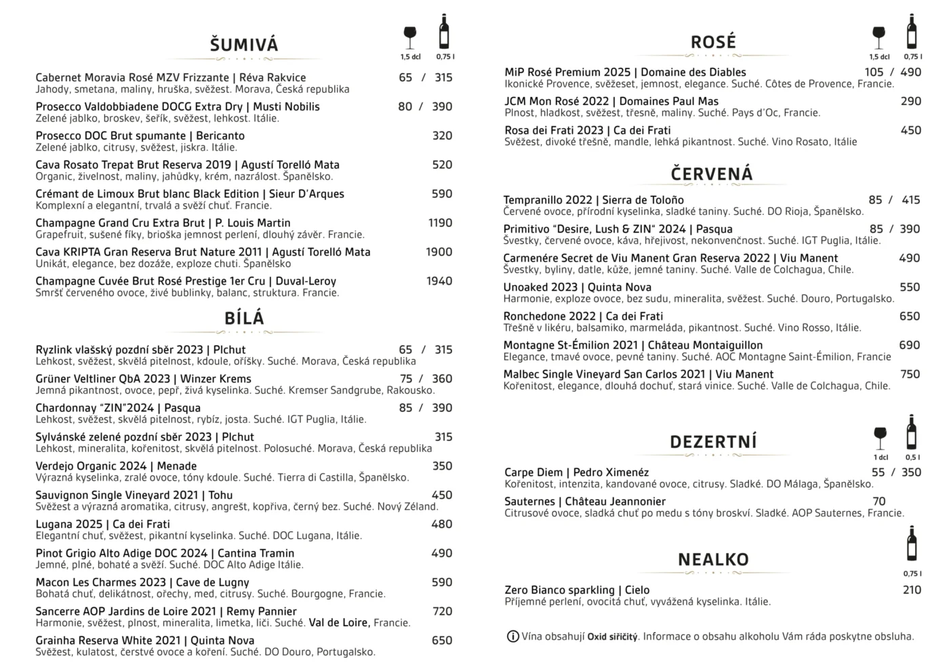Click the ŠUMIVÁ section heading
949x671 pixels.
(244, 45)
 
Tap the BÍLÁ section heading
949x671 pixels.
(244, 318)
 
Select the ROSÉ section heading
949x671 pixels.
(713, 42)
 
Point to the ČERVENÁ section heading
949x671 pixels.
(712, 174)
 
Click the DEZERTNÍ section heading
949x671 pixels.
(713, 442)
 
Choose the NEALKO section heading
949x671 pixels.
(713, 559)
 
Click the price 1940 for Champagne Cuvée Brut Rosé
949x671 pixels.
(439, 281)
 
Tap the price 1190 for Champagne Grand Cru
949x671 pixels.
(440, 223)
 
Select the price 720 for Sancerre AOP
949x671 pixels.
(442, 611)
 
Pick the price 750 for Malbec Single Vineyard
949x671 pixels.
(910, 374)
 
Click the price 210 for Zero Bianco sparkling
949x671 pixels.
(912, 590)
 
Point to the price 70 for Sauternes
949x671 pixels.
(879, 502)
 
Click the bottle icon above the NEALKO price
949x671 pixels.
(912, 543)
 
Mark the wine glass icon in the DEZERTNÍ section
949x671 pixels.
(880, 437)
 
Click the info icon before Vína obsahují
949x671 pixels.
(513, 636)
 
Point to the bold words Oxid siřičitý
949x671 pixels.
(612, 636)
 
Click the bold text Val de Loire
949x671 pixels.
(339, 623)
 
